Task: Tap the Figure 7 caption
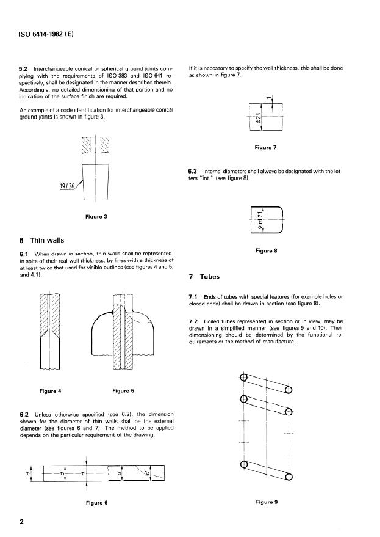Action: [265, 147]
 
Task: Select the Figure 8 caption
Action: [266, 250]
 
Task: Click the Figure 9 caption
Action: [267, 502]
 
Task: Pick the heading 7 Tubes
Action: [207, 276]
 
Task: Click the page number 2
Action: [22, 521]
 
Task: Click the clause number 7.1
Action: [194, 297]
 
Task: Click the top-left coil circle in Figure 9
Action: [244, 378]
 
